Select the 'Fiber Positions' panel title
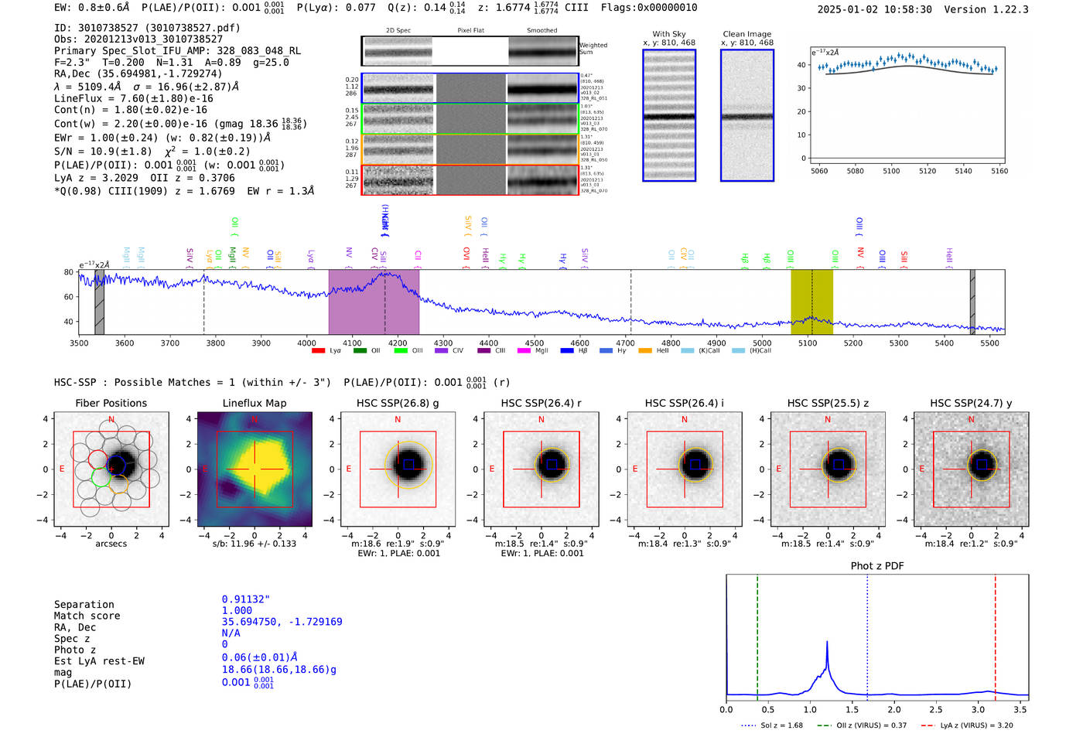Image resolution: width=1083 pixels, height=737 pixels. click(111, 403)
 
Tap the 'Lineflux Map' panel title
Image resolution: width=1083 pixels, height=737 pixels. click(255, 403)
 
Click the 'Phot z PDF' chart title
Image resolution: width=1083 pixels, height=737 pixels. click(877, 565)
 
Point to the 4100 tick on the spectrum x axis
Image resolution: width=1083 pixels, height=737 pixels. click(352, 343)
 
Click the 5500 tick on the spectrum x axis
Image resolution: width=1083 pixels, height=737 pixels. click(989, 343)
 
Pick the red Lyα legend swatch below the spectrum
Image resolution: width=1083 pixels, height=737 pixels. click(318, 351)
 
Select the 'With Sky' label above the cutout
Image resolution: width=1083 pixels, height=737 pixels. click(668, 34)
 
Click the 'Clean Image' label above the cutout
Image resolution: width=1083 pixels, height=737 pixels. click(746, 34)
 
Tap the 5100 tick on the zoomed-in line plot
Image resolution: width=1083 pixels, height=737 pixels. click(891, 171)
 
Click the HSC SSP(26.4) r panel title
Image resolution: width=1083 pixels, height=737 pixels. click(541, 403)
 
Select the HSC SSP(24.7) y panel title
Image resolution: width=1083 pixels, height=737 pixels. click(971, 403)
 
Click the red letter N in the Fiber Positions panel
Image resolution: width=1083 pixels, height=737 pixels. click(111, 419)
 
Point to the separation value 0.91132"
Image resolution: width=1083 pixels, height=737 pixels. click(246, 599)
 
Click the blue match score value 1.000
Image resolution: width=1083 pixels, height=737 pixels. click(237, 610)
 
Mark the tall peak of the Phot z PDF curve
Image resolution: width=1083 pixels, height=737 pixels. click(827, 642)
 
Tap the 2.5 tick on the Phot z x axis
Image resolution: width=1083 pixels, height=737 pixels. click(936, 709)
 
